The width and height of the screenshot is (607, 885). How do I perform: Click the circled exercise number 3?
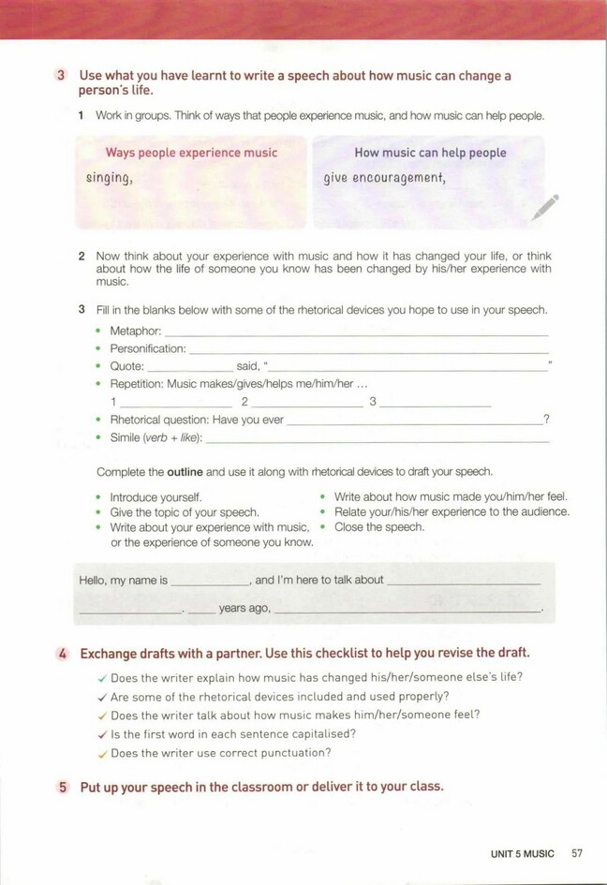tap(61, 76)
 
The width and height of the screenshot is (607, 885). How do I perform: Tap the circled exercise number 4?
tap(61, 654)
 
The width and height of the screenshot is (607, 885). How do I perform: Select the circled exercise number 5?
tap(62, 788)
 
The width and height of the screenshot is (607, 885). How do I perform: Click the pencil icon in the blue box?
tap(544, 207)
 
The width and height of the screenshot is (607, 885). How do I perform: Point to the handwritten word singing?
tap(109, 178)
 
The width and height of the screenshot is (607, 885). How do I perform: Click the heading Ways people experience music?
tap(191, 153)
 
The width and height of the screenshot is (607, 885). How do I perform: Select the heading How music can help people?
tap(430, 153)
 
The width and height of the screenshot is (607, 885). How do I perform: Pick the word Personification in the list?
tap(147, 348)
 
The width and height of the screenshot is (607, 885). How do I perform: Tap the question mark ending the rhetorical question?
tap(546, 420)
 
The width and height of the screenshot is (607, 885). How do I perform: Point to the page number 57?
tap(577, 853)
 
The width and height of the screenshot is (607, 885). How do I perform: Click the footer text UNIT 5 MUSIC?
tap(522, 853)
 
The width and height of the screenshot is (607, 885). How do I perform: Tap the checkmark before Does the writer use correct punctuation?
tap(102, 754)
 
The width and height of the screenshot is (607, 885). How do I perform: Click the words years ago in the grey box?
tap(244, 609)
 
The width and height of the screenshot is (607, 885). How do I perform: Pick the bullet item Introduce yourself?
tap(155, 497)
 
